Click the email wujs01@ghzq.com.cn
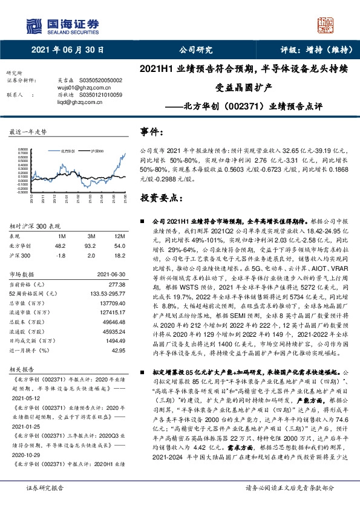73,88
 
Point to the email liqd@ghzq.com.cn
70,103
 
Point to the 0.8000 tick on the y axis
22,149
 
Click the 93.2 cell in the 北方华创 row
90,245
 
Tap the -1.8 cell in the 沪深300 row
61,256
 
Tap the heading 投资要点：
161,198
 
